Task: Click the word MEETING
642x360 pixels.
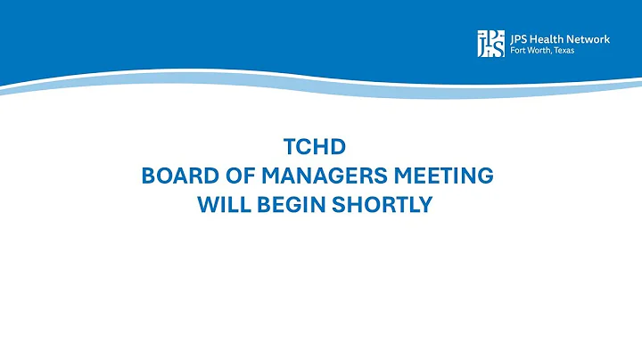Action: pyautogui.click(x=442, y=176)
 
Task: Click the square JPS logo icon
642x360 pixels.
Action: pyautogui.click(x=490, y=44)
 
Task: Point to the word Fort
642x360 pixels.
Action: pyautogui.click(x=518, y=50)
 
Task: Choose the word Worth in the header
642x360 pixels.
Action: pyautogui.click(x=541, y=50)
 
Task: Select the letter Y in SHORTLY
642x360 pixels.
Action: pyautogui.click(x=424, y=204)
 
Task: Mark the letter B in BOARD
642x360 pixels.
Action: pyautogui.click(x=149, y=176)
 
